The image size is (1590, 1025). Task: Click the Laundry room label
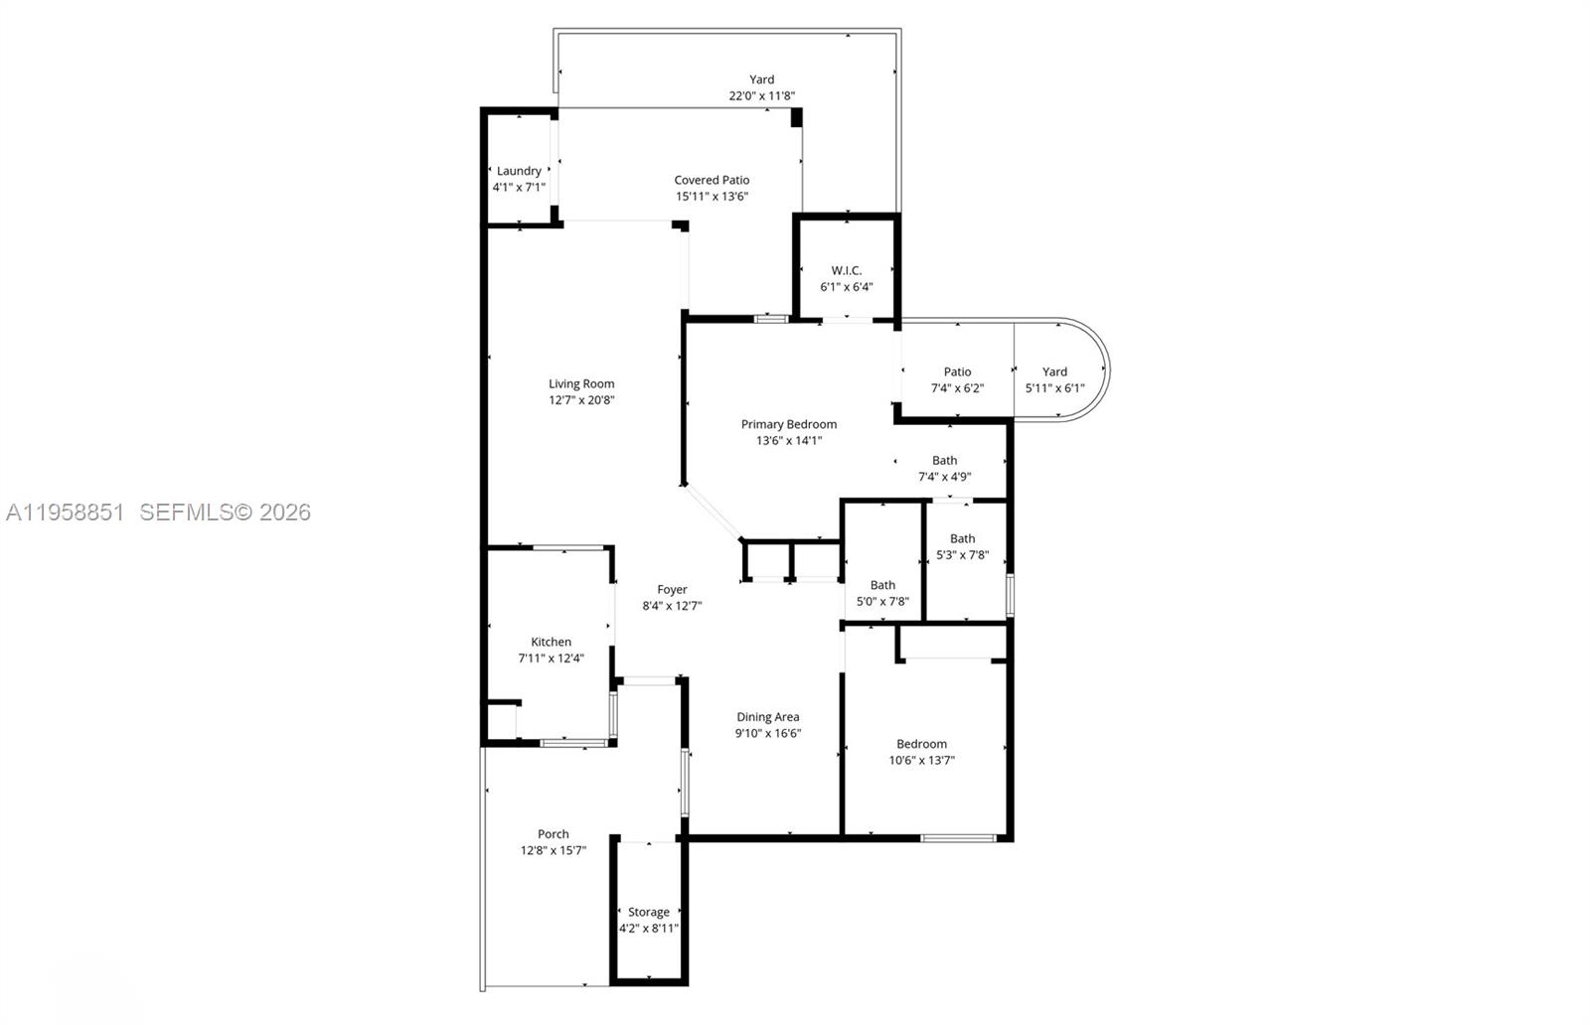[519, 171]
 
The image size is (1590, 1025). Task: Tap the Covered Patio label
[712, 180]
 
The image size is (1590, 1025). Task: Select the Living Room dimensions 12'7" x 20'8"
[581, 400]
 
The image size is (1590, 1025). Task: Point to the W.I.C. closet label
[847, 270]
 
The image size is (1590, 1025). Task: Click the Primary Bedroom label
[789, 424]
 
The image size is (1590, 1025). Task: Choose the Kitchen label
[551, 642]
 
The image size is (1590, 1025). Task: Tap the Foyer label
[672, 589]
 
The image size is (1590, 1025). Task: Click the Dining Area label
[768, 717]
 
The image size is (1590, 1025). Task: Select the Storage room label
[649, 912]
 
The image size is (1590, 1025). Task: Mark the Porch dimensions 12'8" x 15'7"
[554, 851]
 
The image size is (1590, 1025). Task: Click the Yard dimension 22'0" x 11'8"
[761, 96]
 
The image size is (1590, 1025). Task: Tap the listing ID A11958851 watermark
[66, 512]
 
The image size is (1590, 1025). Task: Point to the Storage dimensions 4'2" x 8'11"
[649, 929]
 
